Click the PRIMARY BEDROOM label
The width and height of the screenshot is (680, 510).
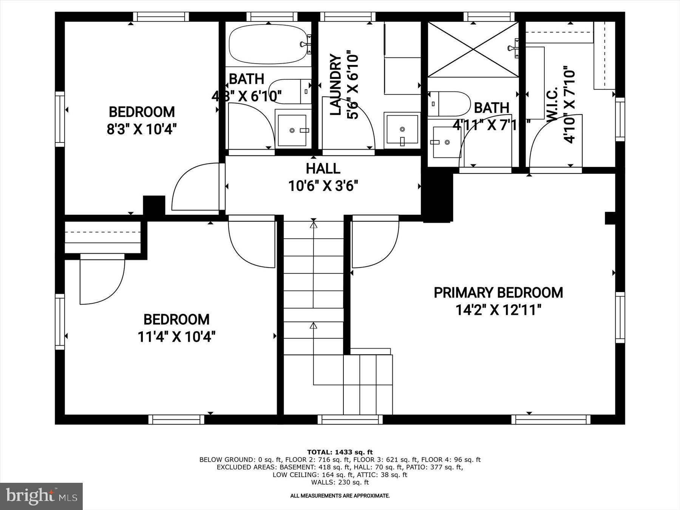tap(498, 293)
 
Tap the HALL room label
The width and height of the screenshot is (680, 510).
tap(323, 168)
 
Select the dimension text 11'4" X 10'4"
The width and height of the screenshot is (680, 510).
tap(176, 337)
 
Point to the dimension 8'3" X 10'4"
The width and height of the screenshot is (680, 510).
tap(142, 130)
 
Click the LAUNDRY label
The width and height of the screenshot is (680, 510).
tap(335, 85)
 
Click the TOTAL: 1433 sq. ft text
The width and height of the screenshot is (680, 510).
tap(340, 452)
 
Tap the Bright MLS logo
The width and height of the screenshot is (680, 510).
tap(41, 496)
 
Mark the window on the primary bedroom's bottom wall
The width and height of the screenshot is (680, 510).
tap(550, 419)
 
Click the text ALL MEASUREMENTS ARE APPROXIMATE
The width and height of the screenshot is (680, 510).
tap(340, 496)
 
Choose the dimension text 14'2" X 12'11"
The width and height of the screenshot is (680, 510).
tap(498, 311)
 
